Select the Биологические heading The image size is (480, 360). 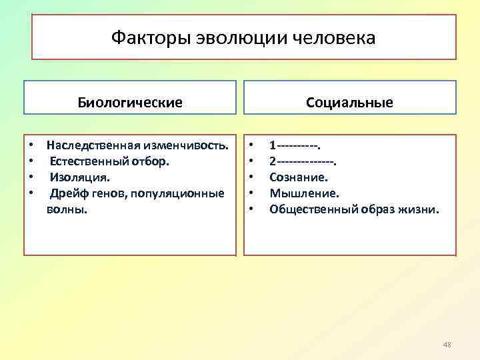[130, 103]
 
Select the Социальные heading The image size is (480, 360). [349, 103]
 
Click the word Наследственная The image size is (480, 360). [91, 145]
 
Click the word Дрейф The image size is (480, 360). [67, 193]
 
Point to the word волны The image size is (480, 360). [67, 209]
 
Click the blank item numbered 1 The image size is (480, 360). [295, 145]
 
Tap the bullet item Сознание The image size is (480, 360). [299, 177]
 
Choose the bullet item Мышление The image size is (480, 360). [304, 193]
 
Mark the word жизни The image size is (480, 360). [421, 209]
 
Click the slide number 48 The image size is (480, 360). [447, 345]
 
